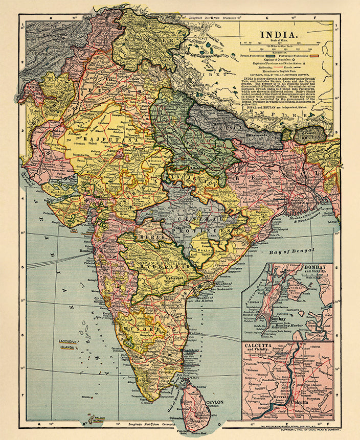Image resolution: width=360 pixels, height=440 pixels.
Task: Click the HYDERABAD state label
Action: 166,266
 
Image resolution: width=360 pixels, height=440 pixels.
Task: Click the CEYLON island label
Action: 215,403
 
